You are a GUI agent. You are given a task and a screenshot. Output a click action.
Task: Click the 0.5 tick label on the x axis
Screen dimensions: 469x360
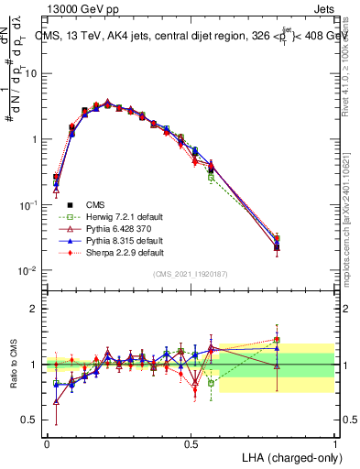pyautogui.click(x=191, y=442)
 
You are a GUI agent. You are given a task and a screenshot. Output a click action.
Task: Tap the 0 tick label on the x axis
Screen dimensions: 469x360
pyautogui.click(x=47, y=442)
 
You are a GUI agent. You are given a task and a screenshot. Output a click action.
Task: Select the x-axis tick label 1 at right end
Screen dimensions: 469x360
pyautogui.click(x=334, y=442)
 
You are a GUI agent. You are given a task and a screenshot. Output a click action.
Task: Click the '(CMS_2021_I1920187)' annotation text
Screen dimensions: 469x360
pyautogui.click(x=191, y=273)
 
